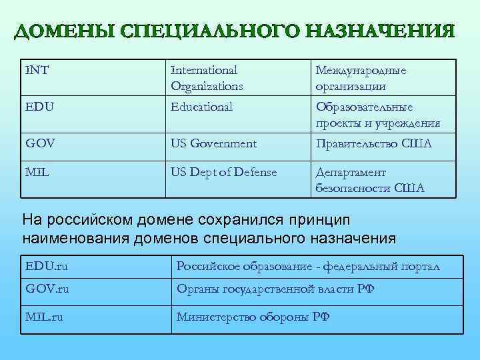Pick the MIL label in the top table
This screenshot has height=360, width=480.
point(37,172)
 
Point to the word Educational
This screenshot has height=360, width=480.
point(201,107)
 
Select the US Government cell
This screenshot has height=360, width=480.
point(213,143)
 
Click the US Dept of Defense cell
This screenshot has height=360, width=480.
point(223,172)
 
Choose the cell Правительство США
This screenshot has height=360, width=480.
point(373,143)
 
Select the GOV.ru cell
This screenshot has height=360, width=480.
point(47,289)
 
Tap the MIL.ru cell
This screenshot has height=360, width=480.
point(45,317)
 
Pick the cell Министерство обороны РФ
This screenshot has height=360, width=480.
point(253,317)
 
